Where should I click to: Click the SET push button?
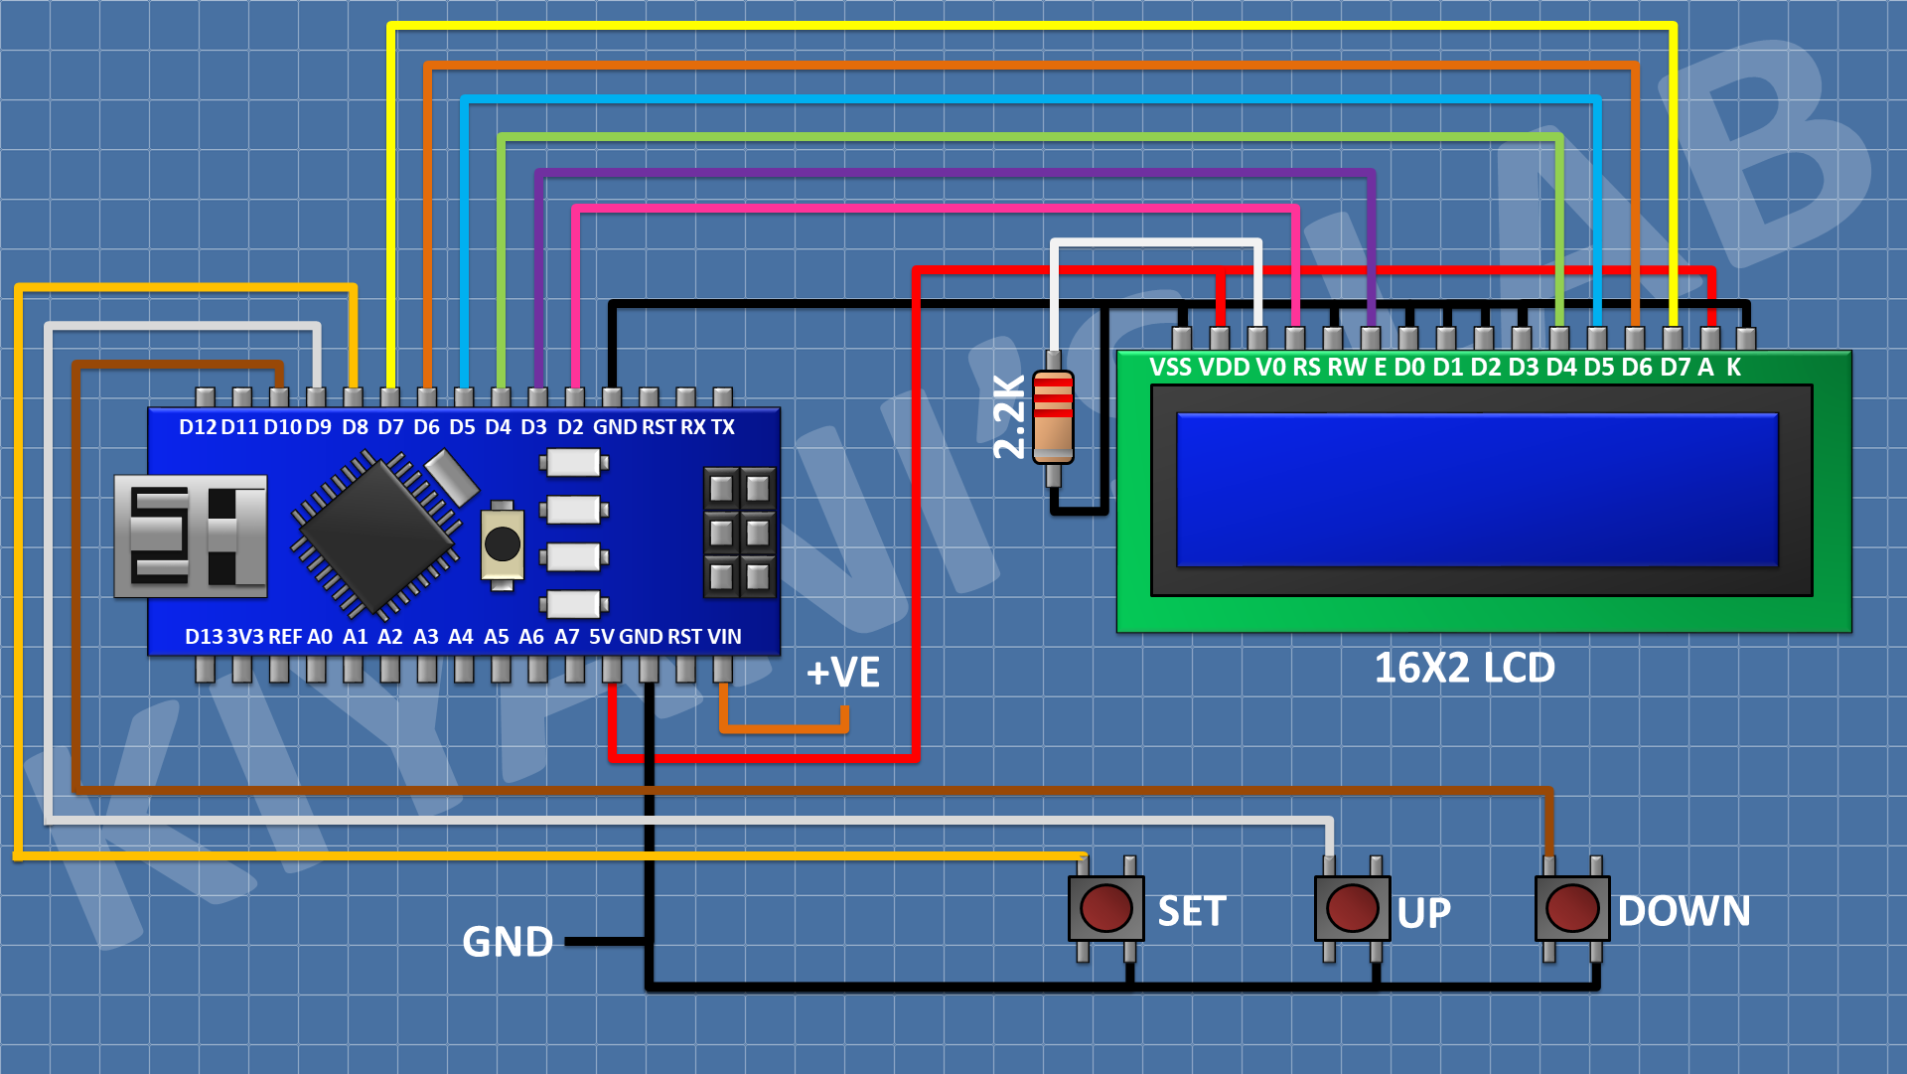coord(1105,907)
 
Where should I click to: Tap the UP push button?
coord(1352,907)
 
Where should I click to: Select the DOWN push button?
coord(1572,907)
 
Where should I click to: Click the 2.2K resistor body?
coord(1053,417)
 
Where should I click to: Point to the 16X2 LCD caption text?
coord(1464,668)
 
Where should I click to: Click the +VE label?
coord(842,673)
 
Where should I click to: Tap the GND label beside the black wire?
coord(508,941)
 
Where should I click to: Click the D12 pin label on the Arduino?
coord(198,427)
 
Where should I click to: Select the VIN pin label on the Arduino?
coord(724,637)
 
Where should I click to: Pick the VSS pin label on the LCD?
coord(1170,368)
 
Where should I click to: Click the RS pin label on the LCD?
coord(1306,368)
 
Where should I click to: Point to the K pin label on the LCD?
coord(1733,368)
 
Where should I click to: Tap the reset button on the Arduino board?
coord(502,543)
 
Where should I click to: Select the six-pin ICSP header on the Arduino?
coord(739,532)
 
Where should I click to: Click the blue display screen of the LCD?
coord(1477,490)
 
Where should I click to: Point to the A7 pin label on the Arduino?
coord(566,637)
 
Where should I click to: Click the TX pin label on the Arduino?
coord(722,427)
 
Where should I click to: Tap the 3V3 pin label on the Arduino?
coord(245,637)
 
